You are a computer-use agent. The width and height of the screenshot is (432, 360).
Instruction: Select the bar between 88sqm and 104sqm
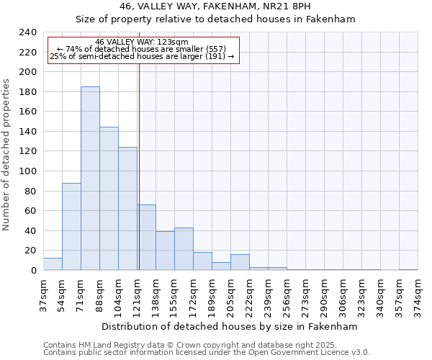coord(109,199)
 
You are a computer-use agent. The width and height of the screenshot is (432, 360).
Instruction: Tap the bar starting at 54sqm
coord(71,227)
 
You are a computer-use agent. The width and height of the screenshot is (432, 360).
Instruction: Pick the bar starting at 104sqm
coord(127,209)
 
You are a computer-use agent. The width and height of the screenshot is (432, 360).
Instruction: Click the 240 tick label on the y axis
coord(27,32)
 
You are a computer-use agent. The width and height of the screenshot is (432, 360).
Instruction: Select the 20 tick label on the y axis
coord(30,251)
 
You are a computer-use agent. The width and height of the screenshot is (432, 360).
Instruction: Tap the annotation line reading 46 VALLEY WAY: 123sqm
coord(142,42)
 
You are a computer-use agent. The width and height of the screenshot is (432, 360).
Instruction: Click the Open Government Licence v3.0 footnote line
coord(207,352)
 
